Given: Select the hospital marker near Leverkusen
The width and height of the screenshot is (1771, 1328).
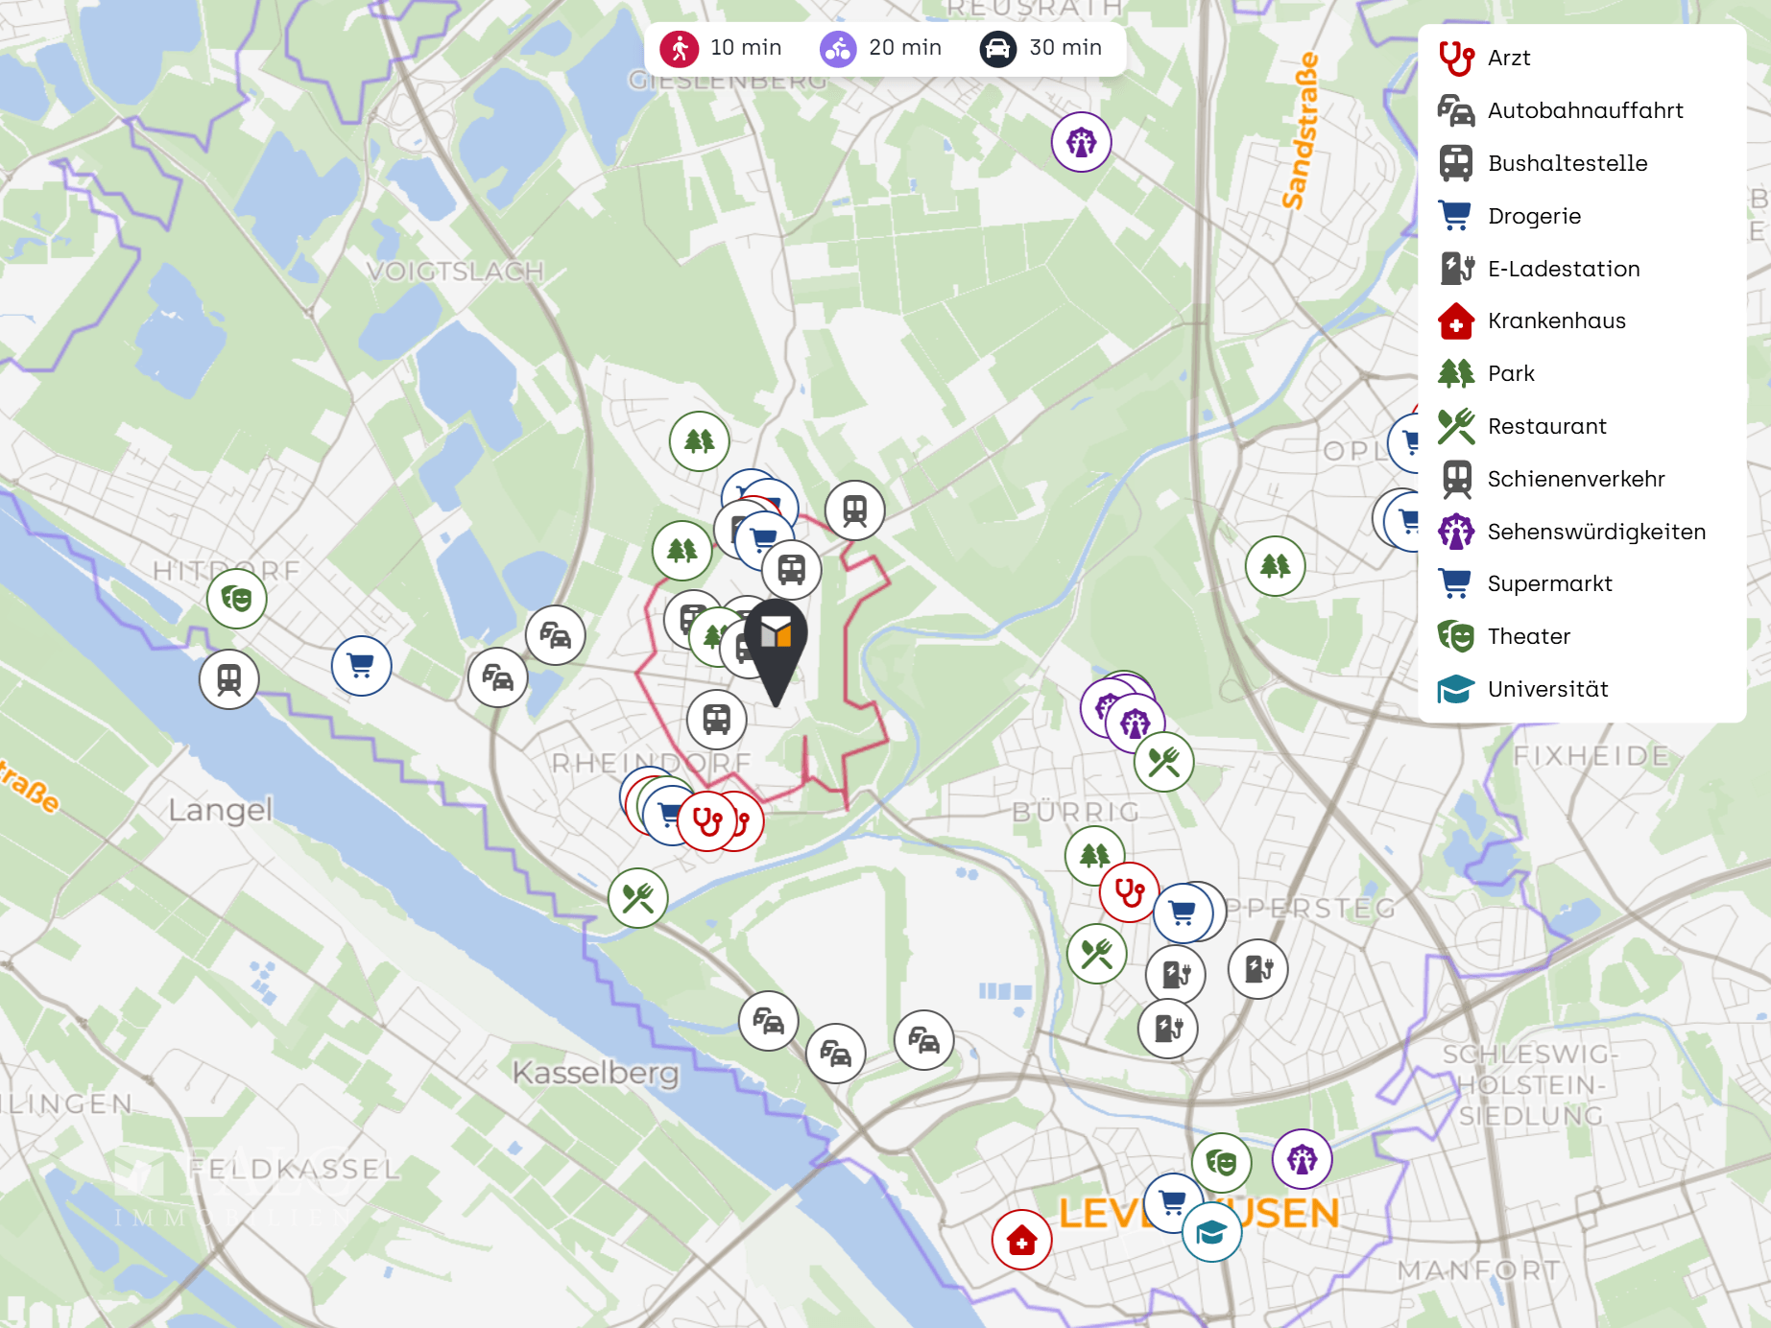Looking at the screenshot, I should click(x=1021, y=1240).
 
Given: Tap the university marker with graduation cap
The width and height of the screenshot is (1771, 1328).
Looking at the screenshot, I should click(x=1211, y=1232).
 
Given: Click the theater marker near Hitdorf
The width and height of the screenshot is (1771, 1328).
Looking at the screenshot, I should click(x=237, y=599).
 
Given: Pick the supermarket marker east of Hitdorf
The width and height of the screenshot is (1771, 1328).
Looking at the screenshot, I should click(x=361, y=666).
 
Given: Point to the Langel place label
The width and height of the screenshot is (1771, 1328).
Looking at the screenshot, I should click(x=220, y=810).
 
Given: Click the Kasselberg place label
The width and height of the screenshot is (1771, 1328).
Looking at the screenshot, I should click(x=595, y=1072).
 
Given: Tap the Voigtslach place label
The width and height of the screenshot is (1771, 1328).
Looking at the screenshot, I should click(x=455, y=272).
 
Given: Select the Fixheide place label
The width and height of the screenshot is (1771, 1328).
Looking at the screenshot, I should click(x=1591, y=756).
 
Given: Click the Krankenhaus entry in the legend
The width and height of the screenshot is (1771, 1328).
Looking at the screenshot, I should click(x=1556, y=321).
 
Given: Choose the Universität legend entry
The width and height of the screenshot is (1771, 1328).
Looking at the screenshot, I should click(x=1547, y=689).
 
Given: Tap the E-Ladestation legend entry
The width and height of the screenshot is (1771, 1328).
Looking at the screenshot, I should click(x=1563, y=269).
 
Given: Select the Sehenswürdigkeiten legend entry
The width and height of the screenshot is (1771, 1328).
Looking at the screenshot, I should click(x=1595, y=532).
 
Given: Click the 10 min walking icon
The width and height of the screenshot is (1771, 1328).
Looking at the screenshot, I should click(x=680, y=48).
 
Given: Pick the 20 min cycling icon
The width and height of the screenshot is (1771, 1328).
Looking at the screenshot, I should click(x=838, y=48).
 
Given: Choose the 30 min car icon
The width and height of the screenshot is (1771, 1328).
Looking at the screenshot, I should click(x=997, y=48).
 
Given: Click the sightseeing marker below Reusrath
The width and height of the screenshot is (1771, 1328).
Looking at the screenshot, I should click(x=1081, y=143).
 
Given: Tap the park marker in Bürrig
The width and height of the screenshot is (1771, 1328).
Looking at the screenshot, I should click(x=1094, y=854).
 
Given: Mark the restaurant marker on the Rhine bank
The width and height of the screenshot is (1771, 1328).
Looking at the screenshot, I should click(x=637, y=898).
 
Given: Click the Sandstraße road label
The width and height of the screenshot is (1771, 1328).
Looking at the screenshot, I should click(x=1301, y=131).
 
